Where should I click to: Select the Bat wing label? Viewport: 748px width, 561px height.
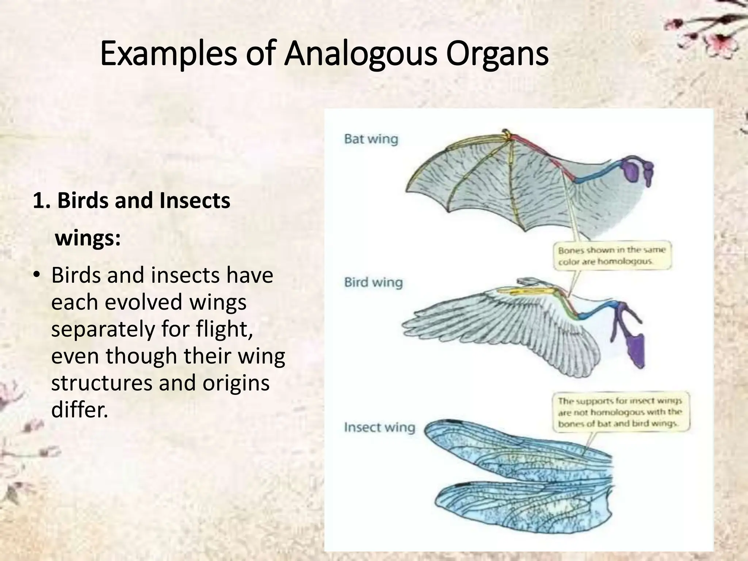point(371,139)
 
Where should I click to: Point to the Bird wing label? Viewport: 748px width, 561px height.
point(373,282)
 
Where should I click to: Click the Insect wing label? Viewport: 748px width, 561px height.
point(379,427)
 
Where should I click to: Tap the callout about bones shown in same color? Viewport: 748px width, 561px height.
point(612,256)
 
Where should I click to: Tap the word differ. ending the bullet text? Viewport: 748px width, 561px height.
point(80,410)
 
